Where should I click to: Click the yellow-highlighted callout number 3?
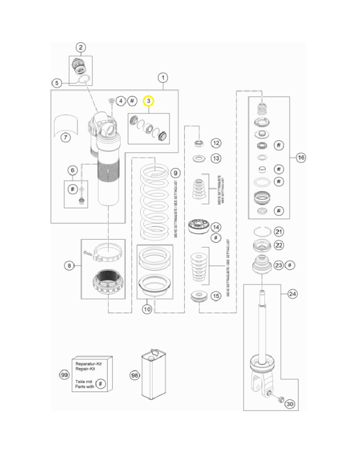click(x=148, y=100)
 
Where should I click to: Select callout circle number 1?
click(x=163, y=78)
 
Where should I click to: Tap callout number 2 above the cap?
click(x=81, y=48)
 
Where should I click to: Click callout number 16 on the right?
click(x=302, y=158)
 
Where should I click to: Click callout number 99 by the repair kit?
click(x=64, y=375)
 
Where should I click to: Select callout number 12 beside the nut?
click(x=216, y=143)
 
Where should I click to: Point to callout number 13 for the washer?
click(x=216, y=158)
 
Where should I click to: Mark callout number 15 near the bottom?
click(x=216, y=296)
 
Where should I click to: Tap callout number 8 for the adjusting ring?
click(x=69, y=266)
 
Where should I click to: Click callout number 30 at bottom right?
click(x=290, y=403)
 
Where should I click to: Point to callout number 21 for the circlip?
click(x=279, y=231)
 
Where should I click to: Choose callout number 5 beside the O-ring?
click(x=57, y=82)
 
